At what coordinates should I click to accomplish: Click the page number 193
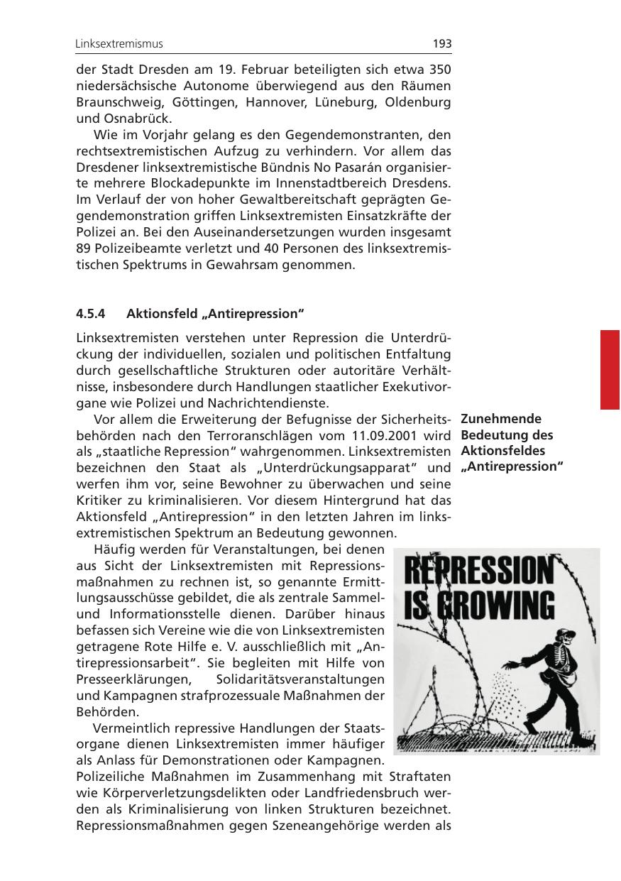(x=441, y=44)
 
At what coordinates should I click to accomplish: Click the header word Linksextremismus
(x=119, y=44)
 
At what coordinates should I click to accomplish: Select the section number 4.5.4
(x=91, y=313)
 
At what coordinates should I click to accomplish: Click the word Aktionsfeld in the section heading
(x=158, y=313)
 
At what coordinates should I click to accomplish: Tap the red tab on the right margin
(x=610, y=369)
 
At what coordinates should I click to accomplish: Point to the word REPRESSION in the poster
(x=478, y=572)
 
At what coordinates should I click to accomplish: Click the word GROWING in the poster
(x=491, y=606)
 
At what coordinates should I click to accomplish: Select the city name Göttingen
(x=205, y=102)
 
